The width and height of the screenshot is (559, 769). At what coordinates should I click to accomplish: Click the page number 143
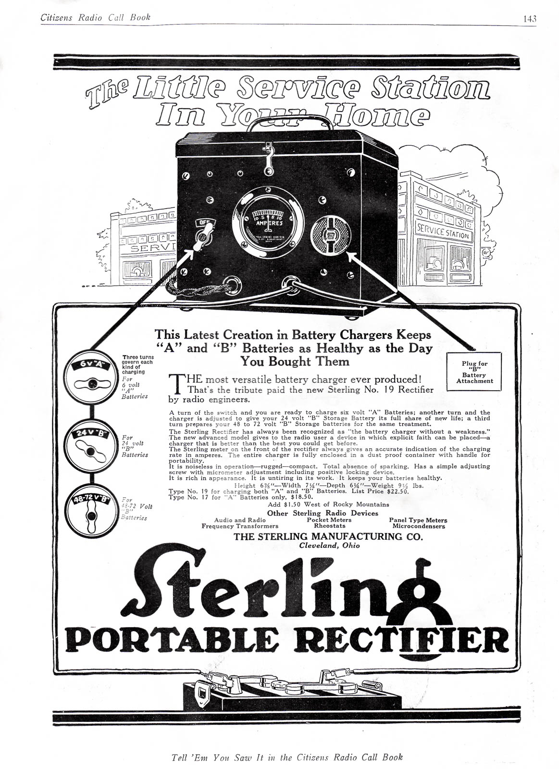click(529, 19)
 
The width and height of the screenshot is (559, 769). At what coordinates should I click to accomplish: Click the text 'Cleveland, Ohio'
click(329, 545)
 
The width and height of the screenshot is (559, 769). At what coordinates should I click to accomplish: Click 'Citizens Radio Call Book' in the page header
click(95, 18)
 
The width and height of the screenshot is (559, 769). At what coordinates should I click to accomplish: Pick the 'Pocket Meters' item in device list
click(329, 520)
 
